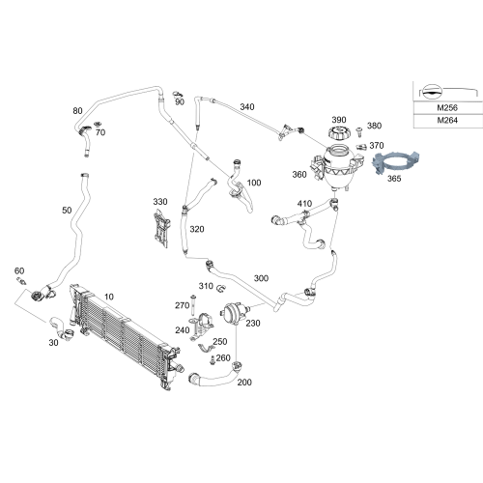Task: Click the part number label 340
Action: [x=247, y=107]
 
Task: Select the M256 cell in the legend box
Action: [x=447, y=108]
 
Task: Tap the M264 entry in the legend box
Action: [x=447, y=121]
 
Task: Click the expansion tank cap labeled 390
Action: [x=338, y=133]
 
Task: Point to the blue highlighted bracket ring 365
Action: [x=396, y=163]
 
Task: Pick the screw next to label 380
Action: [x=359, y=131]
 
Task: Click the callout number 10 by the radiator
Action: [x=109, y=297]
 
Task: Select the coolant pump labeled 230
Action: [x=234, y=313]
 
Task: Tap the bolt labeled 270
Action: [x=193, y=305]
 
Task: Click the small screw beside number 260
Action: [x=212, y=360]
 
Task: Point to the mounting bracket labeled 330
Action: [x=162, y=228]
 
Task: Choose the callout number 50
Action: [x=67, y=211]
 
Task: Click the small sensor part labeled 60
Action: [x=22, y=280]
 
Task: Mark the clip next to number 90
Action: [x=178, y=94]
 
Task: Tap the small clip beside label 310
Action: [x=221, y=289]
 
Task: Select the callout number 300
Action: [x=261, y=278]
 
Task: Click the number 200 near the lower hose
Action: [x=244, y=383]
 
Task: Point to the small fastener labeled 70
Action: [x=98, y=124]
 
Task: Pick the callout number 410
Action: [x=304, y=204]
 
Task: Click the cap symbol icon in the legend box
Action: [x=431, y=92]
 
